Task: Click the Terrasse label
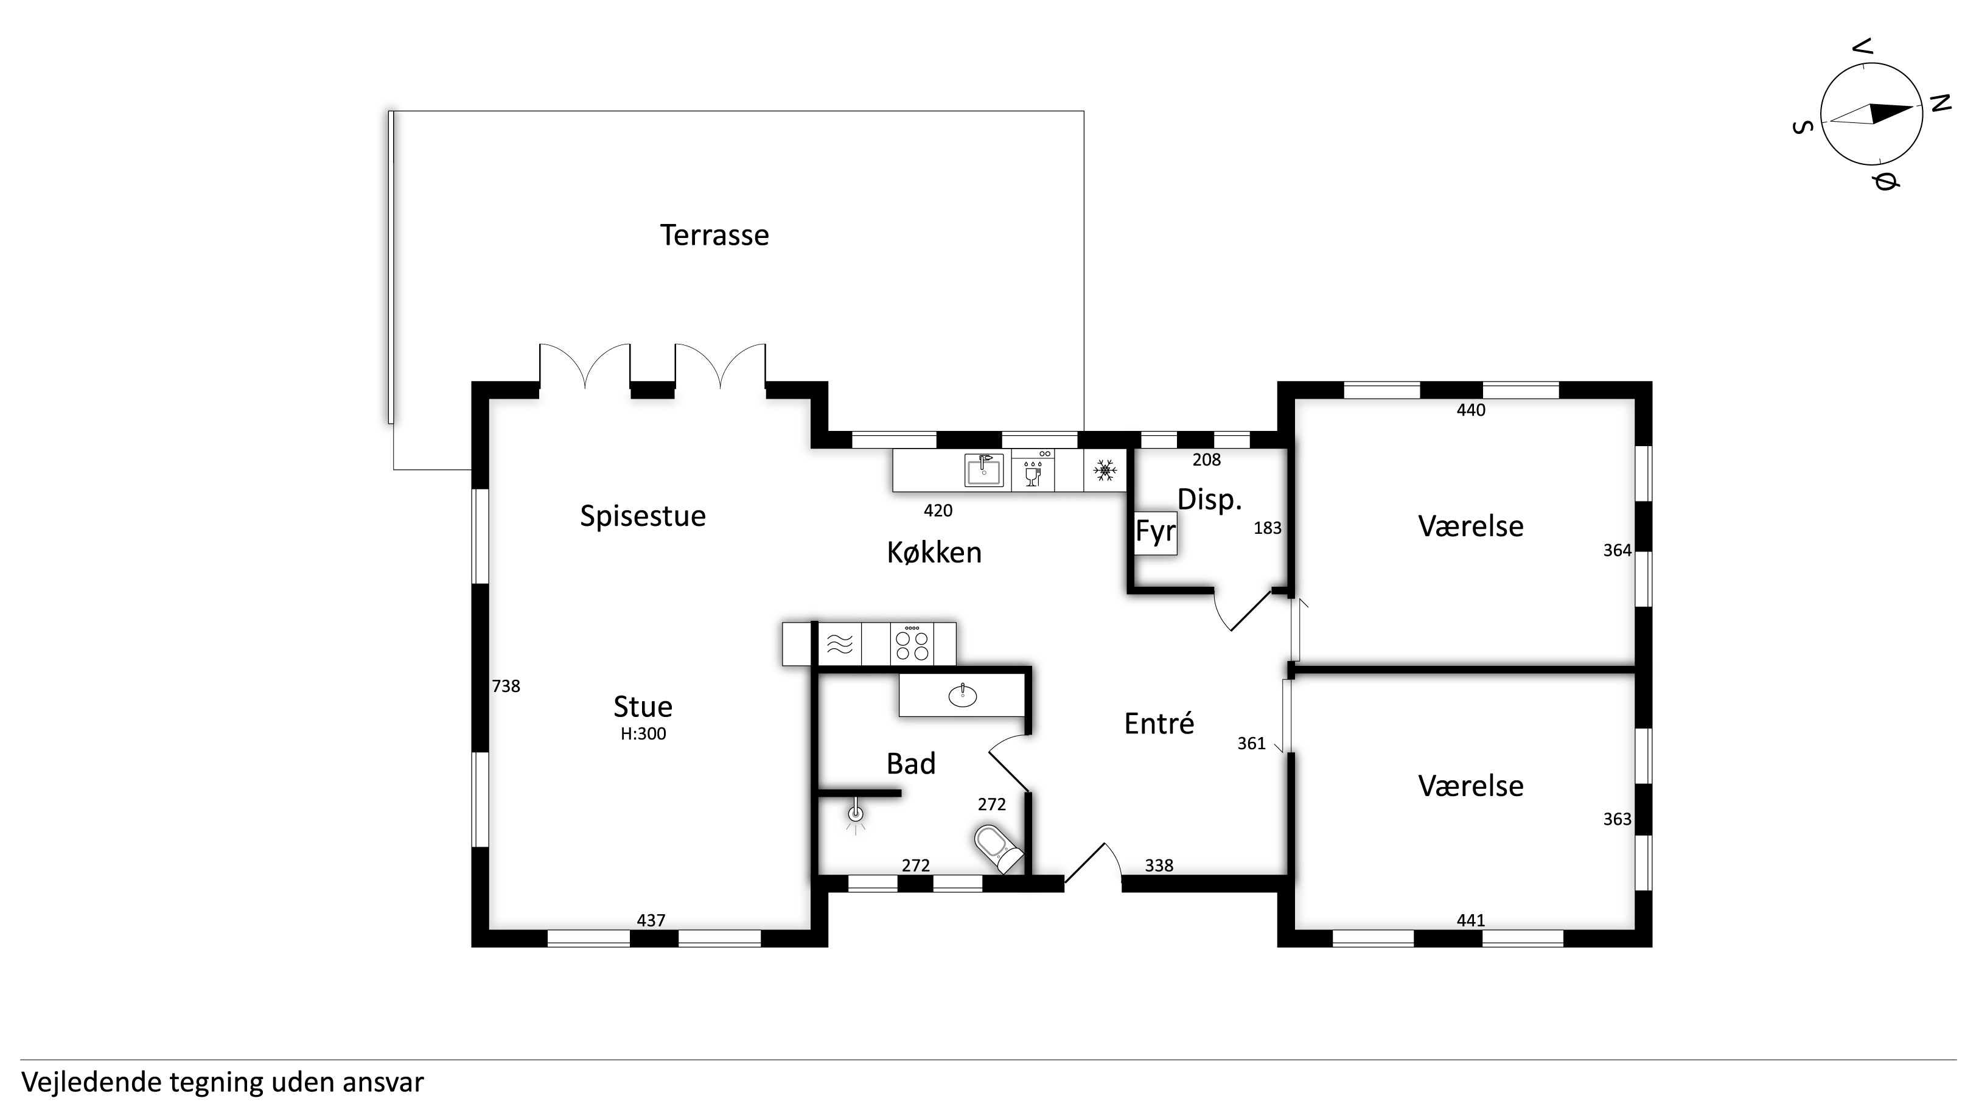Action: click(x=714, y=235)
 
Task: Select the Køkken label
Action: click(x=934, y=553)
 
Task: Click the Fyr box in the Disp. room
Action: click(x=1156, y=532)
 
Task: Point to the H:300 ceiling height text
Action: click(x=643, y=733)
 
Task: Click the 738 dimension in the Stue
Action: click(x=506, y=686)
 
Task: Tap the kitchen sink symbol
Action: click(x=984, y=470)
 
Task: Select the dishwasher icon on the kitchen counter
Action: click(x=1033, y=470)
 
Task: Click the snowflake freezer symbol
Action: click(x=1105, y=470)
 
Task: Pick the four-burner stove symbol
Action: click(x=912, y=644)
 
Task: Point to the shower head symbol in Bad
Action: click(x=856, y=816)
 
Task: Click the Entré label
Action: click(x=1159, y=724)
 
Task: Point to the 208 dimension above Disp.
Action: click(x=1207, y=460)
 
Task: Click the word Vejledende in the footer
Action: click(x=92, y=1083)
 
